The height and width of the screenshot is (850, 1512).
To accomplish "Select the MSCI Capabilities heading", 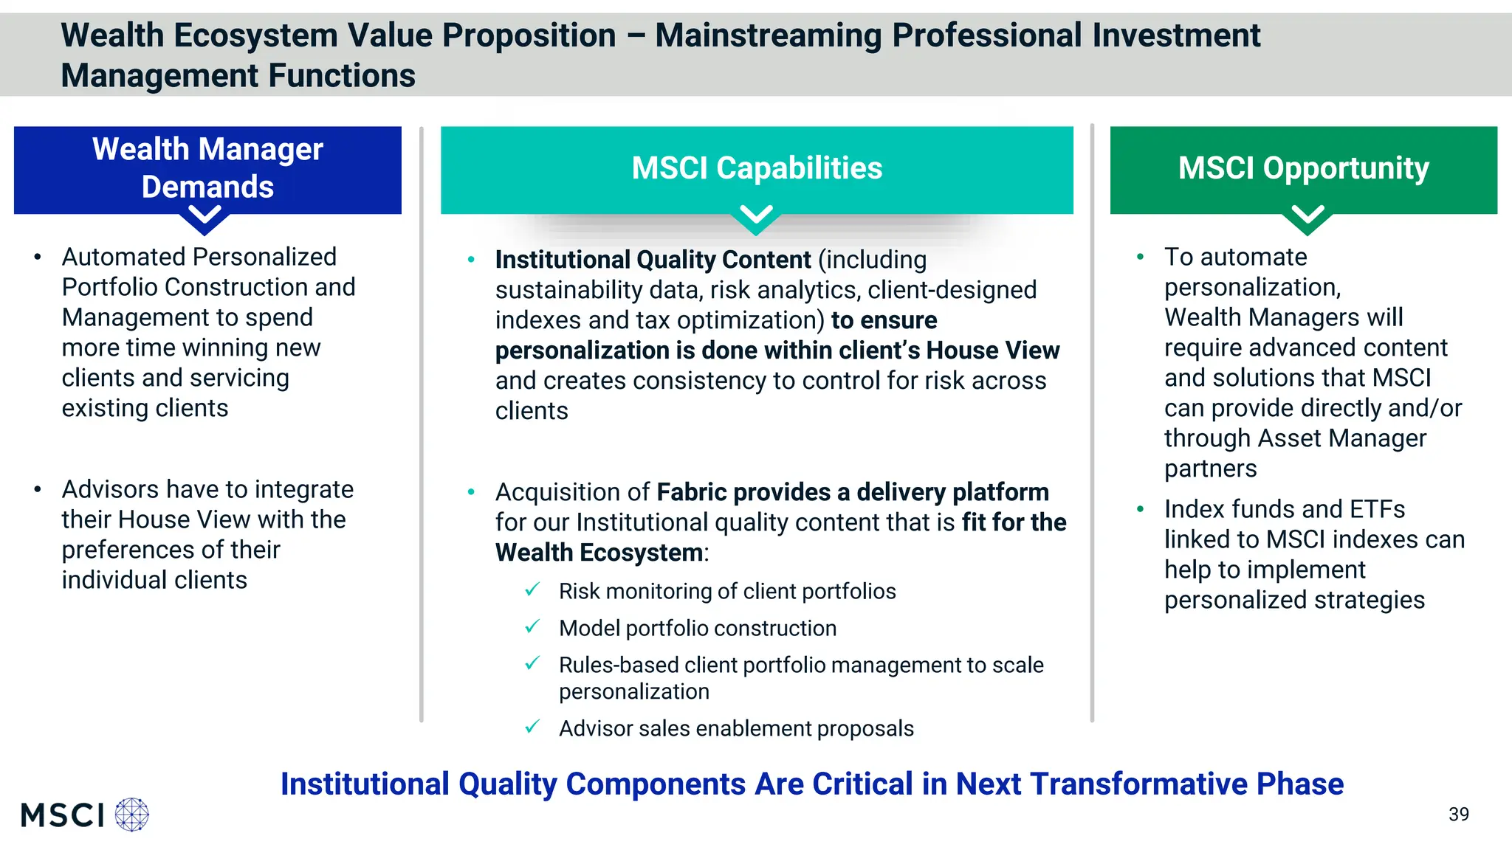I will click(757, 168).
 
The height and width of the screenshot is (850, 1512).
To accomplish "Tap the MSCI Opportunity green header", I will click(1303, 168).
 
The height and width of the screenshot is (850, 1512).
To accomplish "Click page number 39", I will click(1458, 815).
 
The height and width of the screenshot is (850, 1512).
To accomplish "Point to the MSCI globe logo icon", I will click(132, 815).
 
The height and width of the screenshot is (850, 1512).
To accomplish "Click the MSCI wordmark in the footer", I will click(63, 815).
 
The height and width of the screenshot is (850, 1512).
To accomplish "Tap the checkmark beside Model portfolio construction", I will click(532, 627).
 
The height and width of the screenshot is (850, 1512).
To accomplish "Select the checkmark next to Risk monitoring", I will click(532, 590).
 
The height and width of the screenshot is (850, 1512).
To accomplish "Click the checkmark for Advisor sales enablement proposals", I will click(532, 728).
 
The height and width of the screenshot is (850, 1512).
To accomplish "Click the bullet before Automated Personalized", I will click(38, 258).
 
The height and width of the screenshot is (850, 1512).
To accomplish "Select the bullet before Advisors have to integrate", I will click(38, 490).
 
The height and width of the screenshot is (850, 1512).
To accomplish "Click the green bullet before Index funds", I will click(1141, 509).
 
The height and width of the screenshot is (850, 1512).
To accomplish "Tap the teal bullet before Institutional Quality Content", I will click(471, 260).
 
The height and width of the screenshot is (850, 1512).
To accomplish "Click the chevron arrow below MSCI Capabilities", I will click(757, 216).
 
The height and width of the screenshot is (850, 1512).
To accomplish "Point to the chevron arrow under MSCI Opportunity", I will click(1307, 216).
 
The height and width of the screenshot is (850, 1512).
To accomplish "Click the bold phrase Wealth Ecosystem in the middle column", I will click(599, 553).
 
